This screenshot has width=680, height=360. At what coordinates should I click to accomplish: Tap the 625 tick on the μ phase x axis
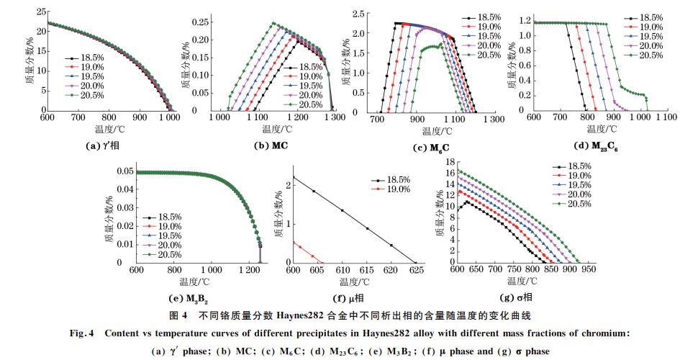pyautogui.click(x=414, y=269)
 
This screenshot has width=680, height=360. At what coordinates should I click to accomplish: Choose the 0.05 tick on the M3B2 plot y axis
pyautogui.click(x=123, y=172)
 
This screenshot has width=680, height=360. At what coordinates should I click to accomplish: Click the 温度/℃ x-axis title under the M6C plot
pyautogui.click(x=437, y=131)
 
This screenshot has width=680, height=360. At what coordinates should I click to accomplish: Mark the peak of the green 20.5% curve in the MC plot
pyautogui.click(x=273, y=23)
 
